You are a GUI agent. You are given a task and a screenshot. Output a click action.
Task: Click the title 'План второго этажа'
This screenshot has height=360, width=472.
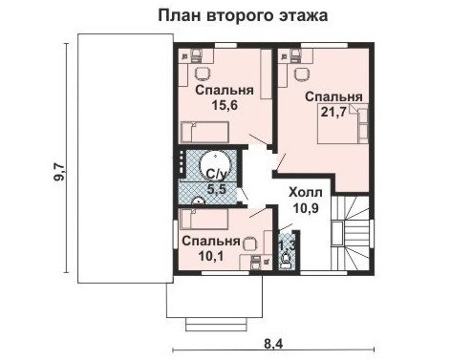(x=243, y=15)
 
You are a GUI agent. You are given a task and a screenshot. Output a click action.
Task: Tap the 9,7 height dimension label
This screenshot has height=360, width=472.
(x=59, y=172)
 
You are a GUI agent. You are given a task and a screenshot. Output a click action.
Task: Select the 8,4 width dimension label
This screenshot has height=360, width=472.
(x=273, y=344)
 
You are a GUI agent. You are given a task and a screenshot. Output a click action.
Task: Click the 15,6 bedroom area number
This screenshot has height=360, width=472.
(x=225, y=105)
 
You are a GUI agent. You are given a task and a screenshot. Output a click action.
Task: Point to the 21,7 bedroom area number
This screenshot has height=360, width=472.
(x=333, y=112)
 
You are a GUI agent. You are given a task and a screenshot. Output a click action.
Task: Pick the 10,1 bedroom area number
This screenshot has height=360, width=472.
(x=211, y=256)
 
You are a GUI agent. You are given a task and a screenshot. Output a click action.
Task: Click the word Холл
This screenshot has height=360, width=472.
(x=306, y=192)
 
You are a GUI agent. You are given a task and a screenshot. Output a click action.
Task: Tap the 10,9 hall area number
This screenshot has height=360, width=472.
(x=306, y=208)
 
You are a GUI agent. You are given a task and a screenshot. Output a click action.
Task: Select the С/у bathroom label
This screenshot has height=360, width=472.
(x=217, y=174)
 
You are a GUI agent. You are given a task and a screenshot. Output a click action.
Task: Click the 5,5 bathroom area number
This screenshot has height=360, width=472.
(x=217, y=189)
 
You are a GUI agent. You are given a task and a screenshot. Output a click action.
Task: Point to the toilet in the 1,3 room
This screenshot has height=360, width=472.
(x=285, y=261)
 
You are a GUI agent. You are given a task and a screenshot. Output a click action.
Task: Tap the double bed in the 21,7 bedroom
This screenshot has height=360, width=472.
(x=343, y=123)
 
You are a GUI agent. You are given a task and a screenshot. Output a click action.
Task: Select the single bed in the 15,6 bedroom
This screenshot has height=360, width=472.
(x=204, y=132)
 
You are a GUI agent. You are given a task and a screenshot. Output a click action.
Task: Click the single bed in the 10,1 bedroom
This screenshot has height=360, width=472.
(x=204, y=219)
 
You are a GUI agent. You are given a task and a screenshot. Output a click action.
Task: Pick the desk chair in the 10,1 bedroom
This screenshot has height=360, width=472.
(x=249, y=244)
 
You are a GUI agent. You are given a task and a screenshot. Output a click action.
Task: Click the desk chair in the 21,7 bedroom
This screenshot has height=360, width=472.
(x=301, y=74)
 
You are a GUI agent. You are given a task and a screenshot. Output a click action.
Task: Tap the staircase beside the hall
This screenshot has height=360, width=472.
(x=351, y=233)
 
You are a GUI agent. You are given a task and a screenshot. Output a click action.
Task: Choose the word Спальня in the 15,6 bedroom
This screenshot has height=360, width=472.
(x=225, y=90)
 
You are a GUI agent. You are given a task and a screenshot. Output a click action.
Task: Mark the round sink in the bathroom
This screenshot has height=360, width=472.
(x=199, y=201)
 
